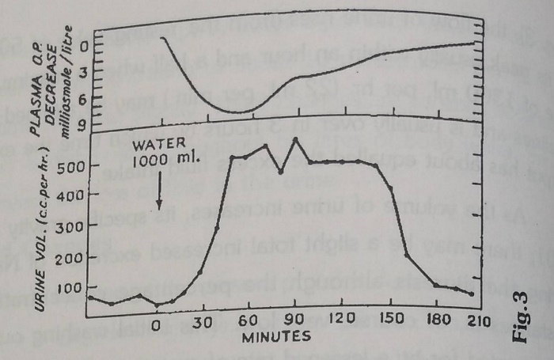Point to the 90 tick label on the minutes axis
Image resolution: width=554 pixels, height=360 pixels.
tap(295, 322)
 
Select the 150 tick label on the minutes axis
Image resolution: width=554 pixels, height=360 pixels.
tap(390, 322)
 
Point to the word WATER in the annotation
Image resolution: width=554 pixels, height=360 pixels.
tap(158, 145)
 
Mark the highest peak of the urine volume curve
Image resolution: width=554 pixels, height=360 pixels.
tap(295, 138)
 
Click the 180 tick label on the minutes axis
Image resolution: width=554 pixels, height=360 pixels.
tap(436, 322)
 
